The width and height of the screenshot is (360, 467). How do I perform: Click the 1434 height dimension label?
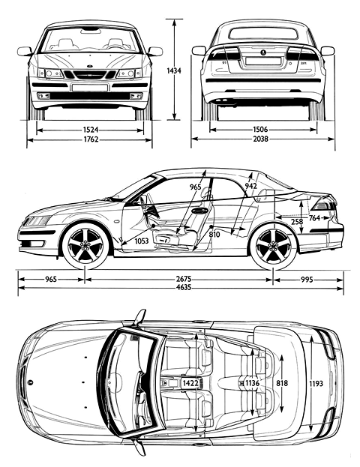point(174,70)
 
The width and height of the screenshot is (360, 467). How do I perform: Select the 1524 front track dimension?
point(91,130)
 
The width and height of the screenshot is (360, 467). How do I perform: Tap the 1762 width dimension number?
point(91,139)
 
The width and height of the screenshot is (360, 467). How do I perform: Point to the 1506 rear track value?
point(260,130)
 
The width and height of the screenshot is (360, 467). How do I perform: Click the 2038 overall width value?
point(260,139)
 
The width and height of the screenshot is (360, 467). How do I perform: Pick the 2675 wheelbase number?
point(184,280)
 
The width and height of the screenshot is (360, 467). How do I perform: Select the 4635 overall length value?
point(184,288)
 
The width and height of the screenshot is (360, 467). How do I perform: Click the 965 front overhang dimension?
point(51,280)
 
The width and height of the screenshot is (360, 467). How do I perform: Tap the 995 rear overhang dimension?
point(307,280)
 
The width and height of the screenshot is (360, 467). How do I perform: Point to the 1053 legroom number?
point(142,241)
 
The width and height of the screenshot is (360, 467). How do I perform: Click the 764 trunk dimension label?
point(314,218)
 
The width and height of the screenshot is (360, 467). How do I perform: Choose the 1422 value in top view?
point(190,383)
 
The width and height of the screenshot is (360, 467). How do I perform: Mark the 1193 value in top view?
point(316,383)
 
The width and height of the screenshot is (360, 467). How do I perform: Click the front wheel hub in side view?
point(85,245)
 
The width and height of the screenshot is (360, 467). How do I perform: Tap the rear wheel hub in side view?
point(273,245)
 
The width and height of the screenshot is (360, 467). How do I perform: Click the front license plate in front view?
point(90,87)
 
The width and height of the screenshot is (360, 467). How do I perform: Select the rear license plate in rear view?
point(262,61)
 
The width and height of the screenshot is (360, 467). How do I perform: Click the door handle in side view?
point(199,211)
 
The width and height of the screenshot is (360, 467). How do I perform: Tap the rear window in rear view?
point(263,34)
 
